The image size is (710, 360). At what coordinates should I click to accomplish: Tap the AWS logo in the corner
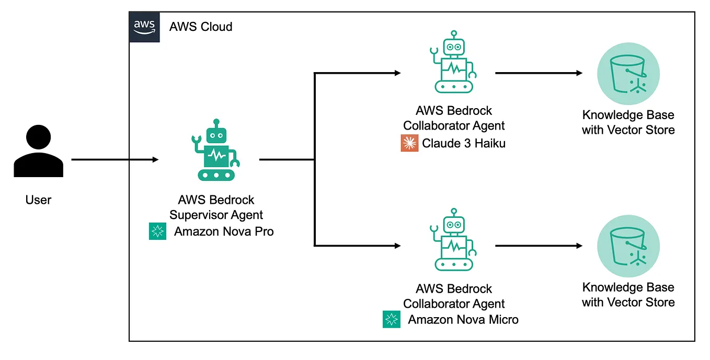point(144,27)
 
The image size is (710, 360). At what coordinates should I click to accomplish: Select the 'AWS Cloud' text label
point(201,27)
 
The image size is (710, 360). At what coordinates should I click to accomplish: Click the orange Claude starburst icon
point(409,143)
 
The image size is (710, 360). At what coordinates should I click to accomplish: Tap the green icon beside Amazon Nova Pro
point(157,231)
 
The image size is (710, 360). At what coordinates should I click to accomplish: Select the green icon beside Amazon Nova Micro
point(391,319)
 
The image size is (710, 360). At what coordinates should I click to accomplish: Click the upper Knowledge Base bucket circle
point(628,73)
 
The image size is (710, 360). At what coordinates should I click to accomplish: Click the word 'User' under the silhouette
point(38,200)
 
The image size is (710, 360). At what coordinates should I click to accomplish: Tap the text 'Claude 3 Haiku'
point(464,143)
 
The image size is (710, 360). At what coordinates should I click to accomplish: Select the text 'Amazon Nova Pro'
point(224,231)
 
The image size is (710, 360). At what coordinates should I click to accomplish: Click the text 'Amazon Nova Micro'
point(463,319)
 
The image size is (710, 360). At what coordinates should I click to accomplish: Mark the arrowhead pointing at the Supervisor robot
point(155,159)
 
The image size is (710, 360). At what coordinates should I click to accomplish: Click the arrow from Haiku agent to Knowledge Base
point(539,73)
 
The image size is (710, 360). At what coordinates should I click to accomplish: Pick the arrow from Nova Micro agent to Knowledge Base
point(539,245)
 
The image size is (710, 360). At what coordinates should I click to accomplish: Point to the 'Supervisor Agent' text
point(216,215)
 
